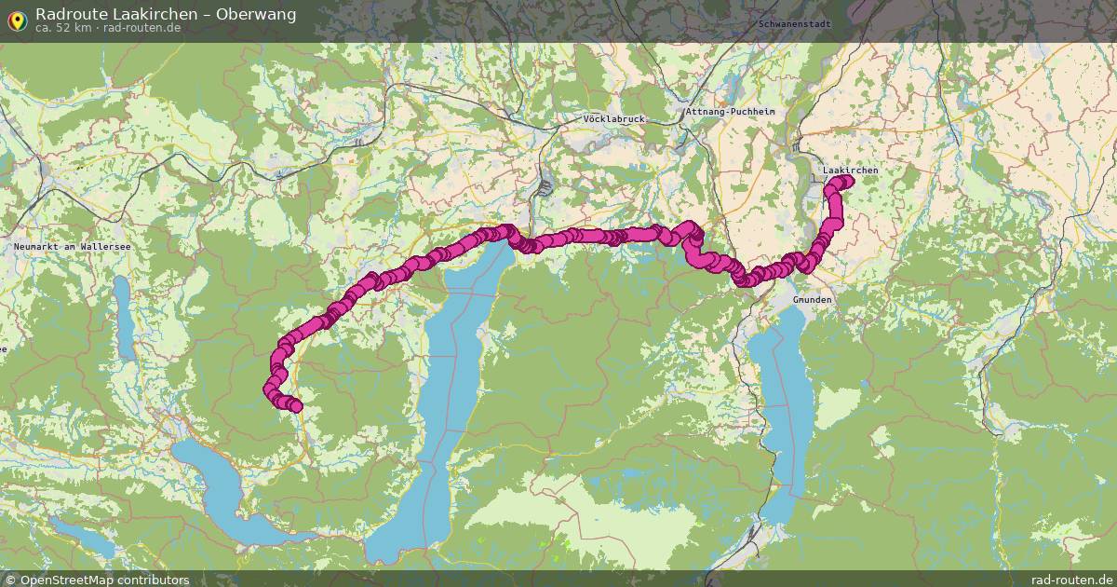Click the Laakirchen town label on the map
coord(850,171)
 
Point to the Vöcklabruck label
coord(612,119)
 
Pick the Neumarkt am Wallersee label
coord(72,246)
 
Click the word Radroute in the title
coord(66,14)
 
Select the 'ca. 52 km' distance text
coord(63,28)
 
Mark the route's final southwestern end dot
coord(295,405)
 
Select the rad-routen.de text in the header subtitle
coord(142,28)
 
